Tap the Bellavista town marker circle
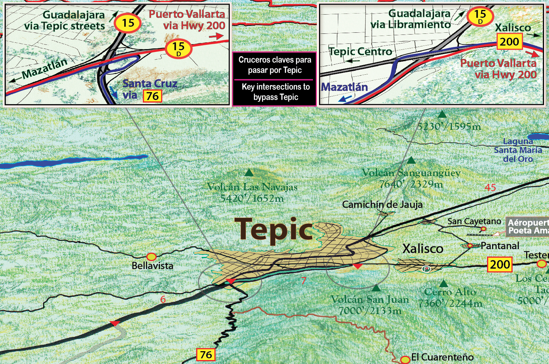click(151, 257)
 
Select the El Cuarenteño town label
click(442, 357)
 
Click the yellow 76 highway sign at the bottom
click(206, 354)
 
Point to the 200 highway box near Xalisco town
click(500, 264)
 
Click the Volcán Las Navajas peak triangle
click(249, 173)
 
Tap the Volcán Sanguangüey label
click(411, 173)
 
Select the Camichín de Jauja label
click(382, 205)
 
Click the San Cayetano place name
click(474, 221)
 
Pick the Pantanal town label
click(500, 246)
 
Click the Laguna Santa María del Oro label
click(518, 150)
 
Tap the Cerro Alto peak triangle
click(443, 284)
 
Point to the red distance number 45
click(490, 188)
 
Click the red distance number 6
click(163, 299)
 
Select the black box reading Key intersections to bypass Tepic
click(275, 92)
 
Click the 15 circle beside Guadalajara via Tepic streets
click(128, 23)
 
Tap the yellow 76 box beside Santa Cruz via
click(152, 96)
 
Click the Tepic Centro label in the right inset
click(360, 52)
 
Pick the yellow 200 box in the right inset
click(509, 42)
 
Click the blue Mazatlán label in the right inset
click(344, 87)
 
